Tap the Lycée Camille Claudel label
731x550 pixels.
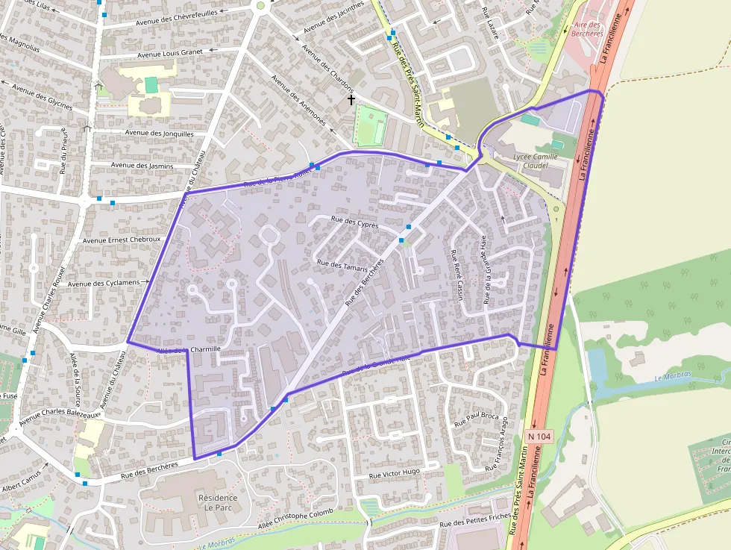[536, 160]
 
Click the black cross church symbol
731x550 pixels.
[351, 99]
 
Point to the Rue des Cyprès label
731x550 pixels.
[354, 222]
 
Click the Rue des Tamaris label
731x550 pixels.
[342, 265]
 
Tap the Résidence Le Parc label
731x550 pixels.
[218, 503]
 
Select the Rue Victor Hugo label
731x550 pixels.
[395, 473]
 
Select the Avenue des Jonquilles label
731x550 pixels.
[160, 134]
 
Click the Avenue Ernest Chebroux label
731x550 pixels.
[122, 240]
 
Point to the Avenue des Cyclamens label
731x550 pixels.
[104, 284]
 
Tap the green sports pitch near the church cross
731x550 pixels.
[371, 125]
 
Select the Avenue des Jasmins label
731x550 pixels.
[142, 166]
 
